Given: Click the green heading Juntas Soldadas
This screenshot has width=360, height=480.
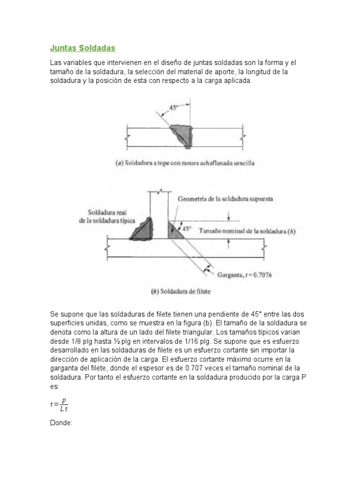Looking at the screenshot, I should pos(82,48).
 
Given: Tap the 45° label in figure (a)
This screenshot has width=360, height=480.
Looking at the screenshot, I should pos(173,107).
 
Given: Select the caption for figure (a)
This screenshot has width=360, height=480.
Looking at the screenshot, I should pos(185,163).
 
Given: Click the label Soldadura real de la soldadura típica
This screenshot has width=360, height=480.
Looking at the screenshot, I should pos(105,216).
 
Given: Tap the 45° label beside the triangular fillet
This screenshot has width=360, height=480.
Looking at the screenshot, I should pos(187,229).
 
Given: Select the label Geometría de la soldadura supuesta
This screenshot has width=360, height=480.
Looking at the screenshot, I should pos(225,199).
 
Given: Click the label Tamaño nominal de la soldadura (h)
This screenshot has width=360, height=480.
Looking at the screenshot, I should pos(247,231).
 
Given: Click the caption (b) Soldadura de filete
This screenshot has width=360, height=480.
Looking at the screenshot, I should pos(180,291).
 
